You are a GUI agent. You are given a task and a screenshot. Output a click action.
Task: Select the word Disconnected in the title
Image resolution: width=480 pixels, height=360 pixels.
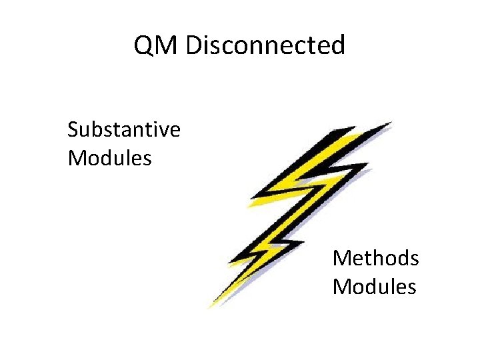point(265,45)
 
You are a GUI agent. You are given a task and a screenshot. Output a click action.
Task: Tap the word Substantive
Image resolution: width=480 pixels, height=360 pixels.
point(124,129)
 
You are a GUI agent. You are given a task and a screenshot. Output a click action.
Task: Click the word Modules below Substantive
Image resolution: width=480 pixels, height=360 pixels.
point(110,158)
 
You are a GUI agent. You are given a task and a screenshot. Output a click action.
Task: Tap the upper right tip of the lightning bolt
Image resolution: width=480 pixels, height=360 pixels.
point(390,123)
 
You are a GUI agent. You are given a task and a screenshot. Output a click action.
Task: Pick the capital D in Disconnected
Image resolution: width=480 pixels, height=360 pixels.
point(194,45)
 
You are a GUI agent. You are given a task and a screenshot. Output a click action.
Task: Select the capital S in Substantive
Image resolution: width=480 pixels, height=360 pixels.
point(73,129)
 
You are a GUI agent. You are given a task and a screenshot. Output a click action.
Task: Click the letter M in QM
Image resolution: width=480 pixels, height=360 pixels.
point(167,45)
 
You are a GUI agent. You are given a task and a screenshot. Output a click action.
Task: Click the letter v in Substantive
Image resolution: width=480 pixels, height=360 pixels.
point(160,129)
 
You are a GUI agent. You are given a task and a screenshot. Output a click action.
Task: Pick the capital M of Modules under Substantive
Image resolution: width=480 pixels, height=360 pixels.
point(78,158)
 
